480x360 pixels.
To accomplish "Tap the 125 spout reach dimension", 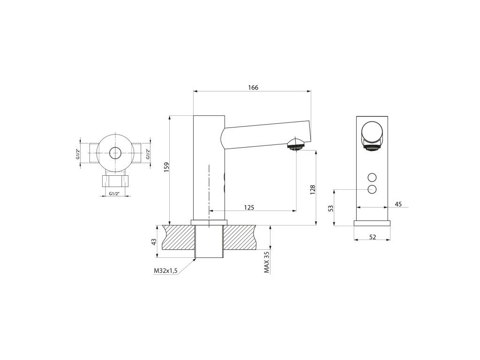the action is click(x=249, y=207).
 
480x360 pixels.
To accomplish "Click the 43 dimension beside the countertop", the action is click(x=153, y=241).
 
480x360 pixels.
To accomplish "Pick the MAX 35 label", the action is click(x=267, y=262).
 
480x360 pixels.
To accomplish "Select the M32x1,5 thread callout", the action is click(x=165, y=271).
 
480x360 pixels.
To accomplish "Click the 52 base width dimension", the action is click(x=373, y=237).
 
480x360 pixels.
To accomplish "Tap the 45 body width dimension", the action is click(x=398, y=204).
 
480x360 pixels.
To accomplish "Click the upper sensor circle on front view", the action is click(x=373, y=178).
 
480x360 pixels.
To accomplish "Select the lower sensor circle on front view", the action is click(x=373, y=189).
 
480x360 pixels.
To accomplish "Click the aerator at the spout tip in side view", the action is click(x=295, y=146).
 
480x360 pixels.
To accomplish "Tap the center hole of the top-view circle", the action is click(x=114, y=152).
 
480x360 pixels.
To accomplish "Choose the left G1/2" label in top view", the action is click(x=78, y=154).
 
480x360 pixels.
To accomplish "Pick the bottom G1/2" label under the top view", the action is click(x=114, y=193).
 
